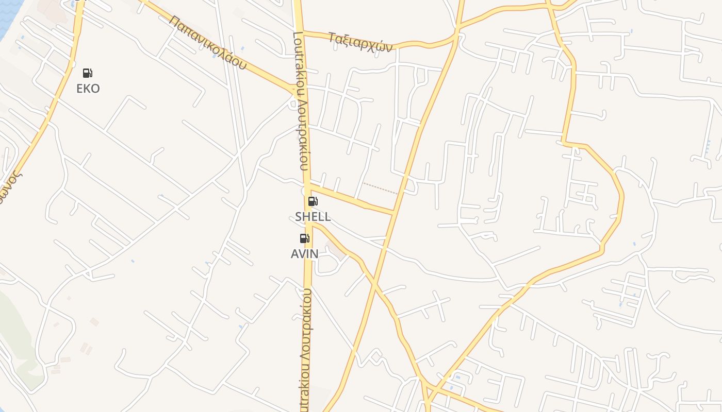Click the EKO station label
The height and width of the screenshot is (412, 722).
click(88, 89)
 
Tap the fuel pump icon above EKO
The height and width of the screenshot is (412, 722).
click(88, 73)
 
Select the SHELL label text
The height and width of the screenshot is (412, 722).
click(313, 217)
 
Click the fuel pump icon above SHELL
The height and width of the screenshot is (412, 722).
click(313, 201)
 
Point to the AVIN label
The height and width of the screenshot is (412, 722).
click(305, 253)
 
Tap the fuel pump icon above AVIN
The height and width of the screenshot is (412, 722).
click(305, 238)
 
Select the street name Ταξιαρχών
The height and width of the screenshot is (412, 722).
click(360, 42)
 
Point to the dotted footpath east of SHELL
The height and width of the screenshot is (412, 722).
click(380, 188)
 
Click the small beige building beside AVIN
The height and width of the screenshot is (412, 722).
click(337, 250)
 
